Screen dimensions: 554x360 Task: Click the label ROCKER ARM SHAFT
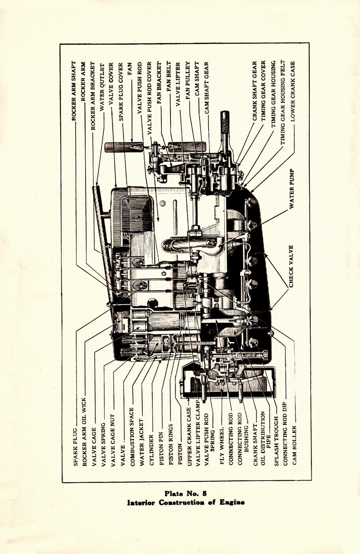[x=74, y=91]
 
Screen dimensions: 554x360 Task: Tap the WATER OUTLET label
[x=102, y=87]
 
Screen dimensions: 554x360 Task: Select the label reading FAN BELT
[x=169, y=77]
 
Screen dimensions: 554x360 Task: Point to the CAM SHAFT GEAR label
[x=207, y=88]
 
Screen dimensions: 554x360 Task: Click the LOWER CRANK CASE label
[x=293, y=91]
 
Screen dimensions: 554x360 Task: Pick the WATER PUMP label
[x=292, y=189]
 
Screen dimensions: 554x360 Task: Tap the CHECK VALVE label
[x=291, y=266]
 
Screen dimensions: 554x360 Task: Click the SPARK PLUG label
[x=75, y=447]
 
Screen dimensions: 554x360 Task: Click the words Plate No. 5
[x=186, y=494]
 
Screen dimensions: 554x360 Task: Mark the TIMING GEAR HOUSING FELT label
[x=283, y=103]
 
